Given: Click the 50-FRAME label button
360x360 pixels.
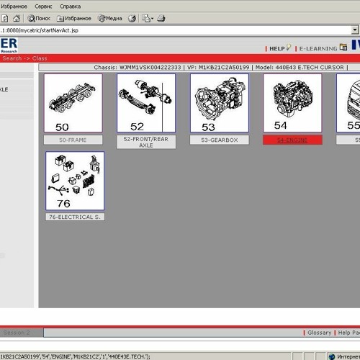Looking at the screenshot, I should (x=73, y=140).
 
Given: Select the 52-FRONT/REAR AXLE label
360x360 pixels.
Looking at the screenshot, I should (x=146, y=142).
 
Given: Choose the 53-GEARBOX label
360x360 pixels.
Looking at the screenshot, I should (x=219, y=140).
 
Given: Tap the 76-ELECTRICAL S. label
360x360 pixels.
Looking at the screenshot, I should (x=75, y=217).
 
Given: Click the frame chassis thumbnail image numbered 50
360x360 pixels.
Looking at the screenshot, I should (x=73, y=103).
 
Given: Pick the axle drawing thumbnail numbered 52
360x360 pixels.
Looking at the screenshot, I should (x=146, y=102).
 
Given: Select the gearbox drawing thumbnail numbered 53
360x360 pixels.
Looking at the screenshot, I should (x=219, y=102).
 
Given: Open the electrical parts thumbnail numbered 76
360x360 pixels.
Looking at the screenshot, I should (x=75, y=179).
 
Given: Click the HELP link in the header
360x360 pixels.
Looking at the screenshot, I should (x=278, y=48).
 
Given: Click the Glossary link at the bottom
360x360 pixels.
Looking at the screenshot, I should (x=319, y=333).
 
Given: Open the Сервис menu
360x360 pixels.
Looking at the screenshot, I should (x=58, y=5).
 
